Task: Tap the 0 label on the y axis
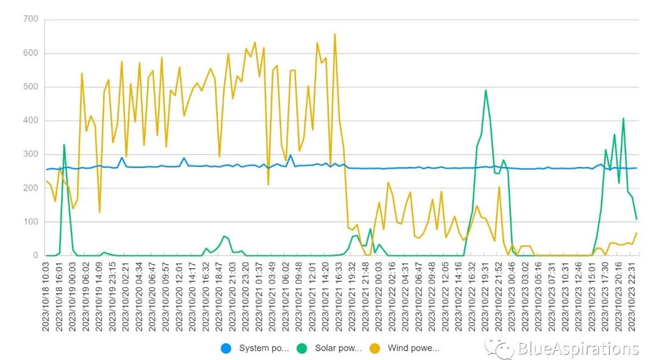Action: click(35, 256)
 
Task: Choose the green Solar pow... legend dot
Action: click(302, 348)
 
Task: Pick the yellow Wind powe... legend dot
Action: click(375, 348)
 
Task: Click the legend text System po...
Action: click(263, 348)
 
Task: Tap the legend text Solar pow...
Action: click(338, 348)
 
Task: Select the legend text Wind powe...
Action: click(413, 348)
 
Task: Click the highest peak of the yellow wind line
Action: click(334, 34)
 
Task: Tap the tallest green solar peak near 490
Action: click(486, 90)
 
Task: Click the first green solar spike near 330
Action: click(64, 144)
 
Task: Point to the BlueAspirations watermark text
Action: click(578, 348)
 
